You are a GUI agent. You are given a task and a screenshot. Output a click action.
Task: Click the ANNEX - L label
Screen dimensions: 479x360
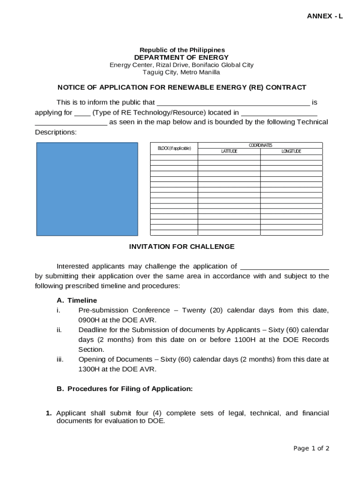pyautogui.click(x=324, y=16)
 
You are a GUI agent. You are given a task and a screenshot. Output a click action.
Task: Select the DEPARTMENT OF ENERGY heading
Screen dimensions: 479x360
pyautogui.click(x=181, y=58)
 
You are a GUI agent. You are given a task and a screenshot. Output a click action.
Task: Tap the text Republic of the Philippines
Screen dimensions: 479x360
pyautogui.click(x=182, y=50)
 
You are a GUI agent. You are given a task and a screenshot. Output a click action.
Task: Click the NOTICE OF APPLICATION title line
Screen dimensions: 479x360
pyautogui.click(x=182, y=87)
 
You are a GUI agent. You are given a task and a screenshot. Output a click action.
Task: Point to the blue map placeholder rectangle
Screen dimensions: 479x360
pyautogui.click(x=87, y=189)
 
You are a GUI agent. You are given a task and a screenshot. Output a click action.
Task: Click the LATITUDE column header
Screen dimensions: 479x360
pyautogui.click(x=229, y=152)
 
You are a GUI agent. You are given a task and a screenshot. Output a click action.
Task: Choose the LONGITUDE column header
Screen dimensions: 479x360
pyautogui.click(x=291, y=152)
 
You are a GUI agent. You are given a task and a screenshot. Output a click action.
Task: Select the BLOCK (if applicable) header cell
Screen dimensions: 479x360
pyautogui.click(x=174, y=148)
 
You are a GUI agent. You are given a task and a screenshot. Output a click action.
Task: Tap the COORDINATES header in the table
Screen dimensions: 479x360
pyautogui.click(x=260, y=145)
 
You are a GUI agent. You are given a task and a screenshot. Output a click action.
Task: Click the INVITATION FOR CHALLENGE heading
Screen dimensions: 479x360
pyautogui.click(x=182, y=247)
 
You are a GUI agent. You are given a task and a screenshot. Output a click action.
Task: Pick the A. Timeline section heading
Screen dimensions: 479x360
pyautogui.click(x=77, y=300)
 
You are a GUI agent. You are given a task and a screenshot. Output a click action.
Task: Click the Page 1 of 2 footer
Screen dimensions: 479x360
pyautogui.click(x=311, y=449)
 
